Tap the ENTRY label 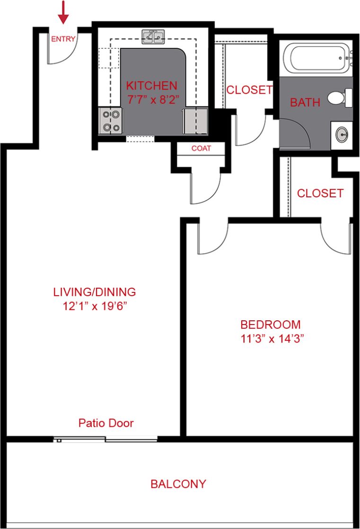click(x=63, y=39)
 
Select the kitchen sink click(x=153, y=36)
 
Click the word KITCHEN click(x=151, y=86)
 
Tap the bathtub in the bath click(x=315, y=59)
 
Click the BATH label click(x=305, y=102)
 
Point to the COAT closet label click(x=201, y=149)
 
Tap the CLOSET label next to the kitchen click(x=249, y=90)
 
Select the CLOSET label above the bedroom click(x=320, y=194)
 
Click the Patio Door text click(x=106, y=423)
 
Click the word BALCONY click(x=178, y=484)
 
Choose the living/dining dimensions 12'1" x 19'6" click(x=95, y=306)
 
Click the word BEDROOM click(x=271, y=325)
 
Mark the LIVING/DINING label click(x=95, y=292)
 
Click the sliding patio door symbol click(x=105, y=440)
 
